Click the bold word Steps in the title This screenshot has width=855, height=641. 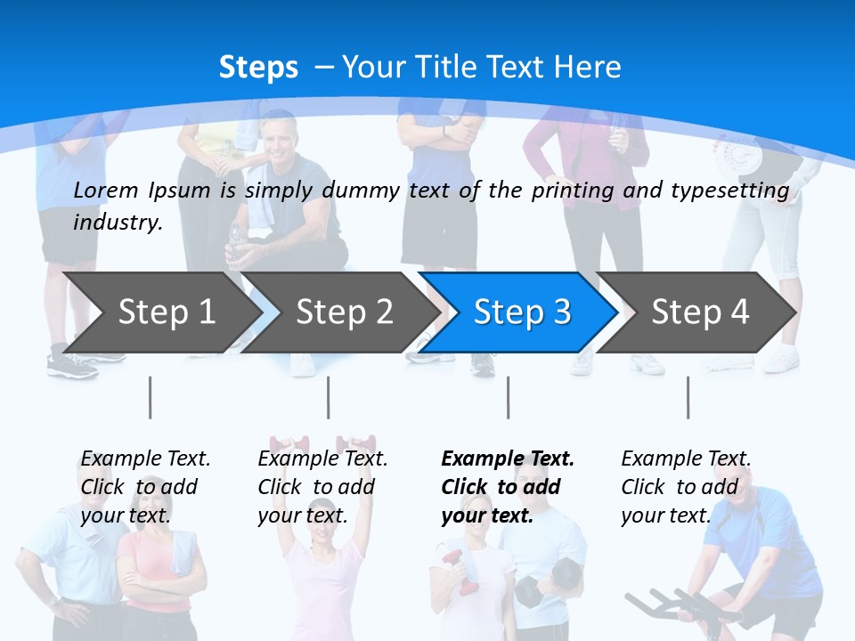(x=258, y=68)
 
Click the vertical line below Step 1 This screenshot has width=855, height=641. (x=150, y=397)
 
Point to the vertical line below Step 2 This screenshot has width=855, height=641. (x=329, y=397)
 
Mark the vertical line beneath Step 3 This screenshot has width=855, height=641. (x=509, y=397)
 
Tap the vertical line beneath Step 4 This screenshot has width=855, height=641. (x=688, y=397)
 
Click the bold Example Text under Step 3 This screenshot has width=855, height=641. (x=508, y=459)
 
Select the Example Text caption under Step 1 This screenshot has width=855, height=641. (x=145, y=459)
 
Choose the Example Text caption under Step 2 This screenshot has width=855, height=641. (x=322, y=459)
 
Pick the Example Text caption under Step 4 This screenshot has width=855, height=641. (x=686, y=459)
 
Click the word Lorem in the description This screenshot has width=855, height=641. (x=106, y=191)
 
